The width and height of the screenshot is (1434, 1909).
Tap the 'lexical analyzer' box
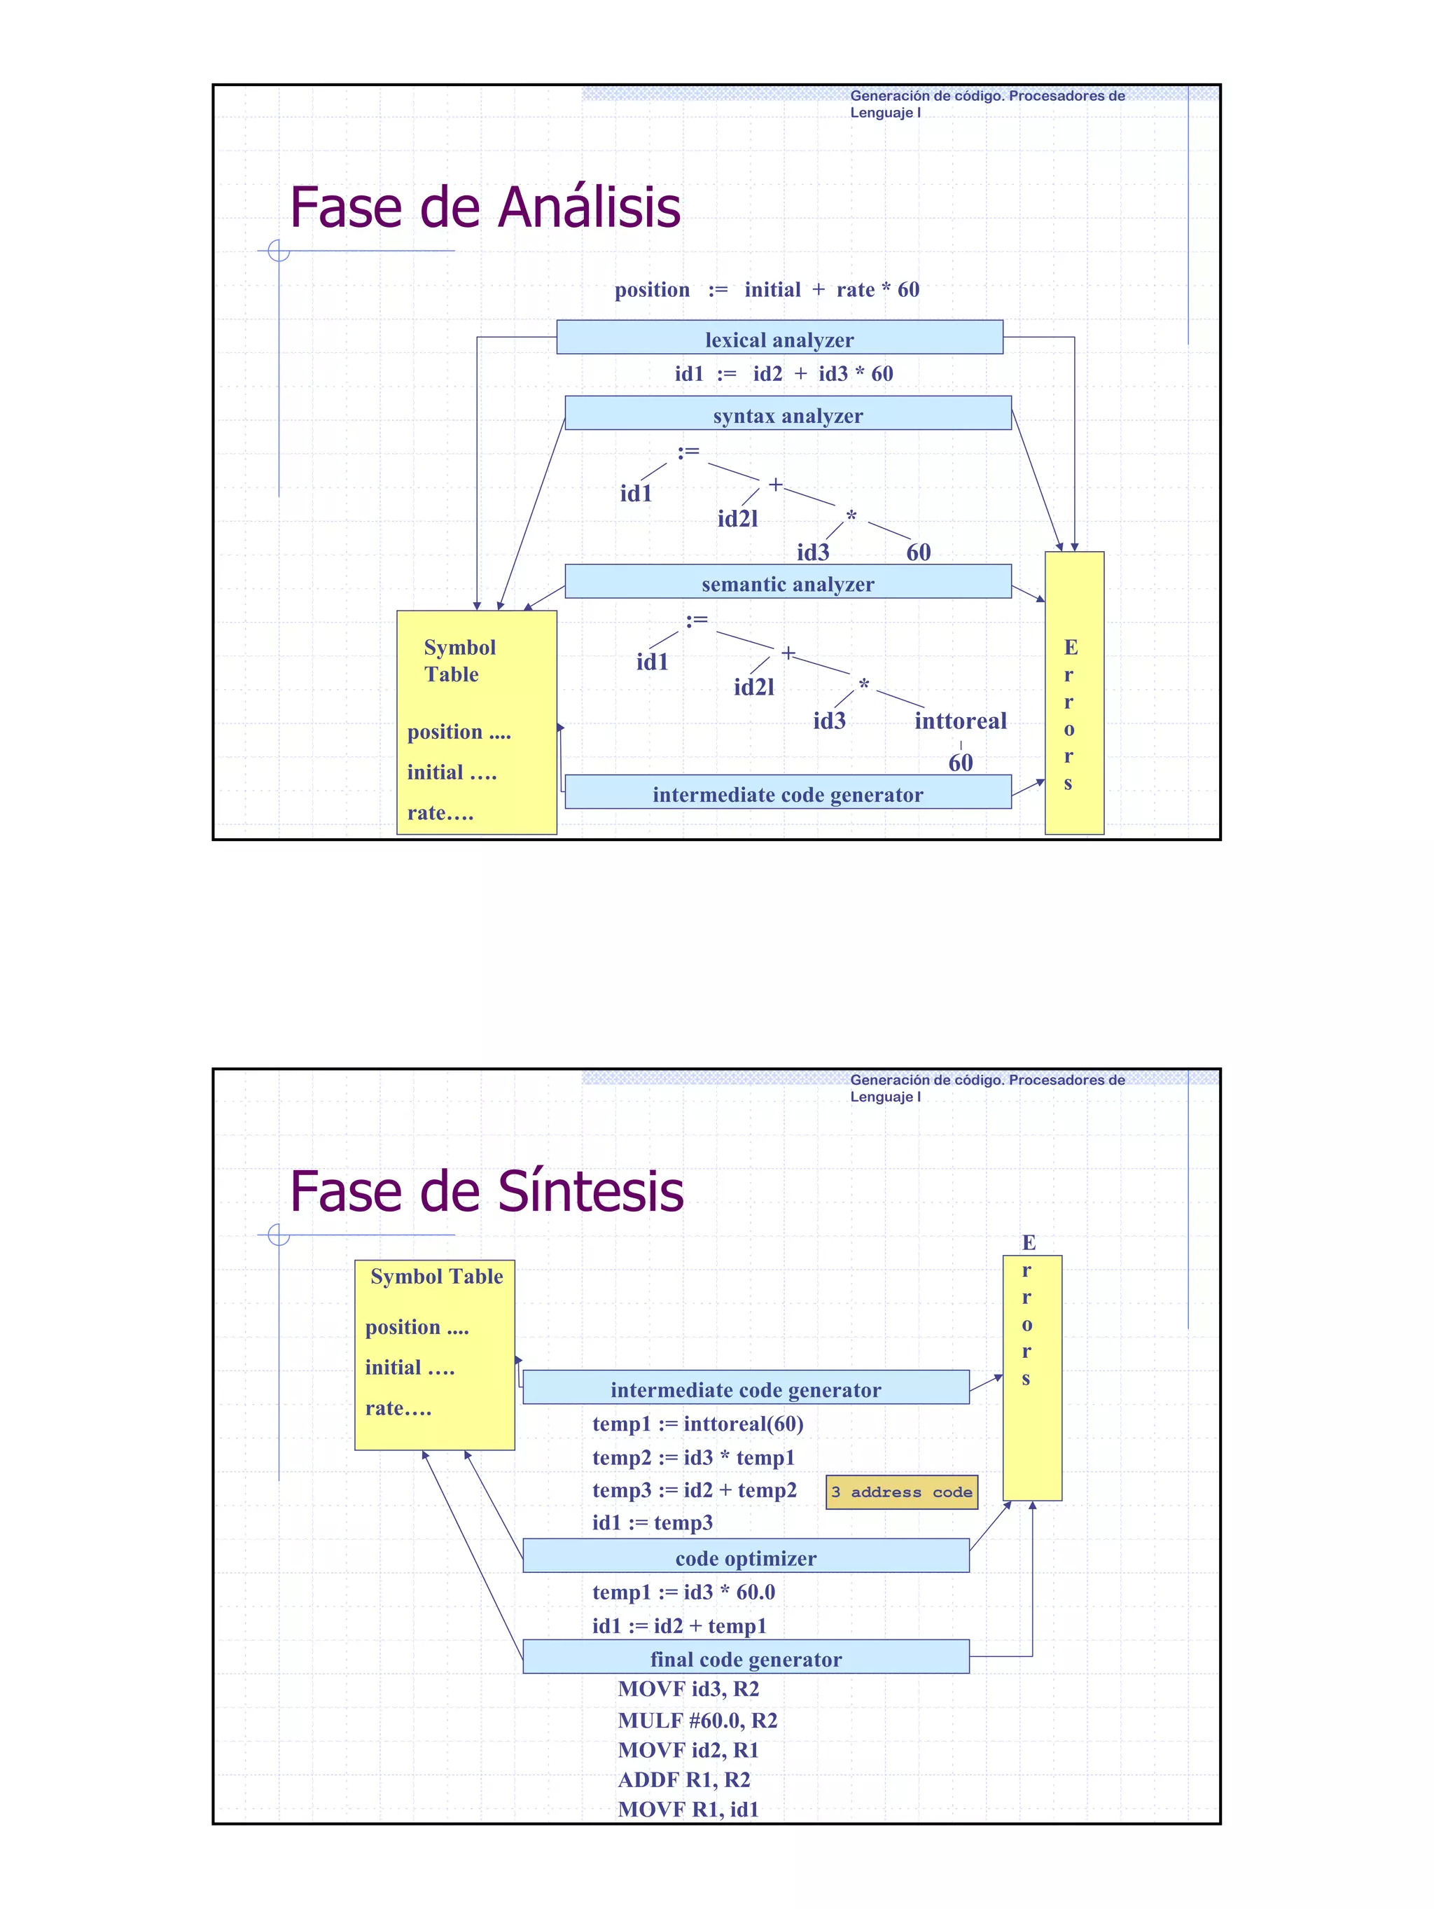(779, 338)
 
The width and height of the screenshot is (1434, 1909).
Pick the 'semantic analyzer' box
(787, 583)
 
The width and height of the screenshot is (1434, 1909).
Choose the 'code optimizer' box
(746, 1556)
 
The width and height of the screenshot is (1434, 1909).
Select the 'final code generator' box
(746, 1657)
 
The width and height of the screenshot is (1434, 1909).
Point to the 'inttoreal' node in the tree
(959, 721)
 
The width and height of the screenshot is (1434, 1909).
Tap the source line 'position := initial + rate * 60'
(766, 290)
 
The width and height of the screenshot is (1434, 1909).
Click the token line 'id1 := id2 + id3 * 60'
(784, 374)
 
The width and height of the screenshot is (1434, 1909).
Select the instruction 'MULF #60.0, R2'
(697, 1720)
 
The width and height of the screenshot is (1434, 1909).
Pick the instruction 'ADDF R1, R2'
(683, 1779)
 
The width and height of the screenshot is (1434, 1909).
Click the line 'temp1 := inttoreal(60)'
(697, 1424)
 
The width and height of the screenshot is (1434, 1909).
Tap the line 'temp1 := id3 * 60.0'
(683, 1591)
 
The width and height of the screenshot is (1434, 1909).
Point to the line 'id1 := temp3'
(653, 1522)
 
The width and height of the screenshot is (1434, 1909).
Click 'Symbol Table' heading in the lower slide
(437, 1277)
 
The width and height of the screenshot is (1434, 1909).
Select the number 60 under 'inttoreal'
(959, 763)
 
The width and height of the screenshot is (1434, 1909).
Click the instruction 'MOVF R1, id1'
(688, 1808)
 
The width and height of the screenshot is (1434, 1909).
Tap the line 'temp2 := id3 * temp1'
(692, 1457)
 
